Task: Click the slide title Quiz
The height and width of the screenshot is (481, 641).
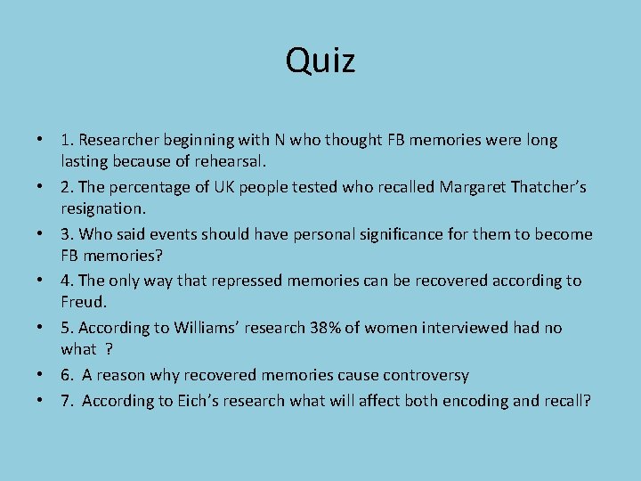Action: [320, 61]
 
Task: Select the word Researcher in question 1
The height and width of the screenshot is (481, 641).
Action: [118, 140]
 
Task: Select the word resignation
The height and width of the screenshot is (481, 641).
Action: [102, 209]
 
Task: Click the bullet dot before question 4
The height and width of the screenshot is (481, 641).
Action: [41, 281]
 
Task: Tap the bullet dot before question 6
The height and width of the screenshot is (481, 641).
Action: [41, 375]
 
